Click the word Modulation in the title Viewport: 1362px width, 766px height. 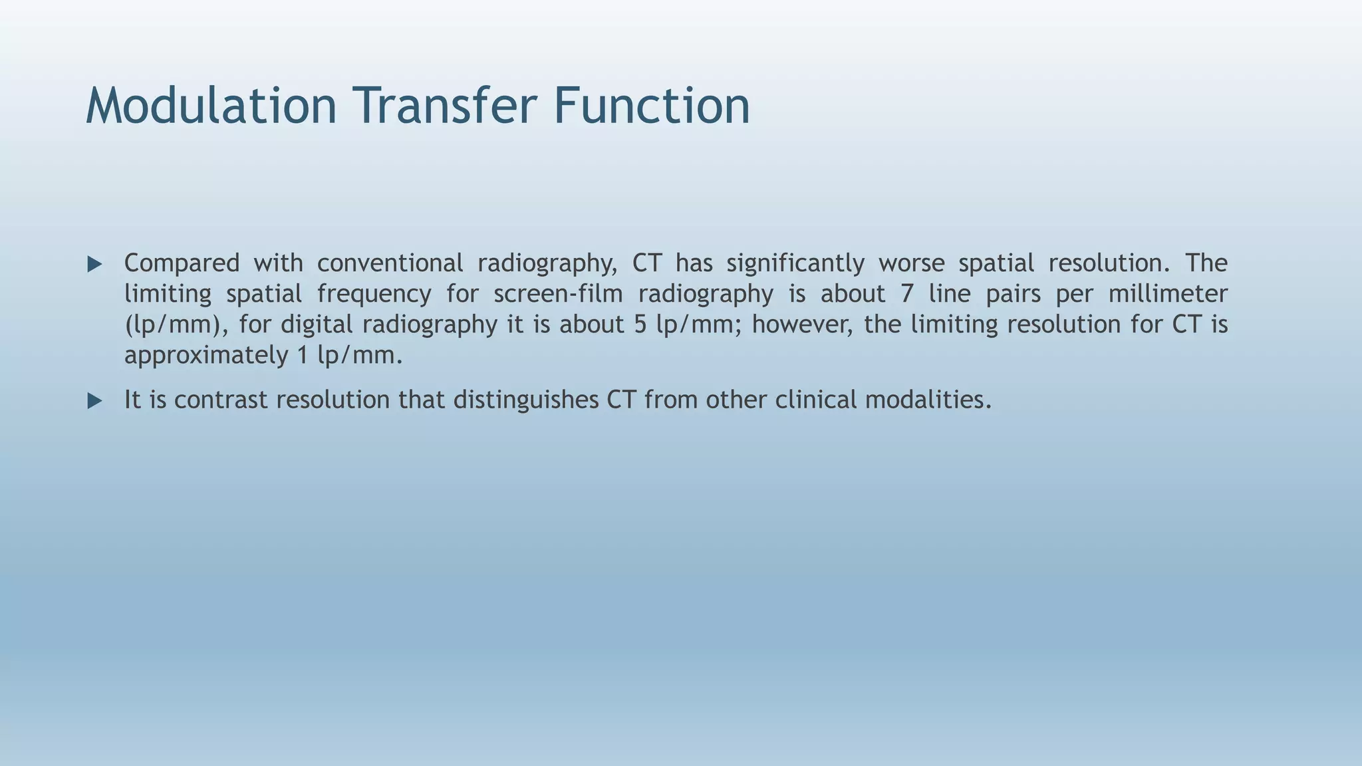coord(211,106)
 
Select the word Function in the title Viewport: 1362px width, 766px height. coord(651,106)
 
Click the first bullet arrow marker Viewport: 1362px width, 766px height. coord(95,265)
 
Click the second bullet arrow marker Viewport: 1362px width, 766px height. coord(95,401)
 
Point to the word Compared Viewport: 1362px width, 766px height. coord(182,264)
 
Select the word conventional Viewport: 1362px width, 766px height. coord(390,263)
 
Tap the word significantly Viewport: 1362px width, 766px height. coord(795,264)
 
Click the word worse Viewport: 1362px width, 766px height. coord(911,263)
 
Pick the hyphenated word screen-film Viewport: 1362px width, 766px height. coord(557,294)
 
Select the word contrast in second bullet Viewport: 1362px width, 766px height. coord(224,400)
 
